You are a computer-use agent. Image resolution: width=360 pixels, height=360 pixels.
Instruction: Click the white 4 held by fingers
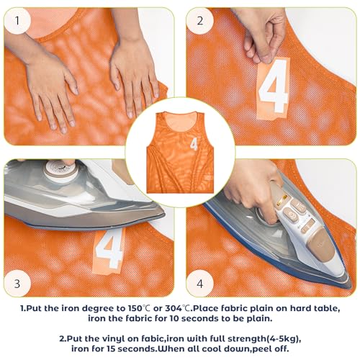(274, 89)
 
